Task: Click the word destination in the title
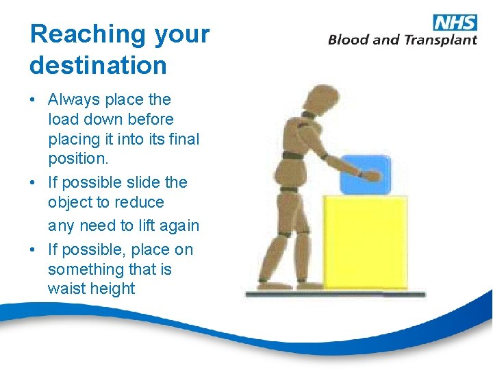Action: tap(98, 66)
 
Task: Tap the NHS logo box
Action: tap(455, 22)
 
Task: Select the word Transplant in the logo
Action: tap(440, 40)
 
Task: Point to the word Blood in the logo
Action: tap(349, 40)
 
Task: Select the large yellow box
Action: tap(365, 241)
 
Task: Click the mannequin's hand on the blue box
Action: tap(370, 175)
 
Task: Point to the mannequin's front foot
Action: tap(306, 284)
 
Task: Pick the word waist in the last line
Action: tap(65, 289)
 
